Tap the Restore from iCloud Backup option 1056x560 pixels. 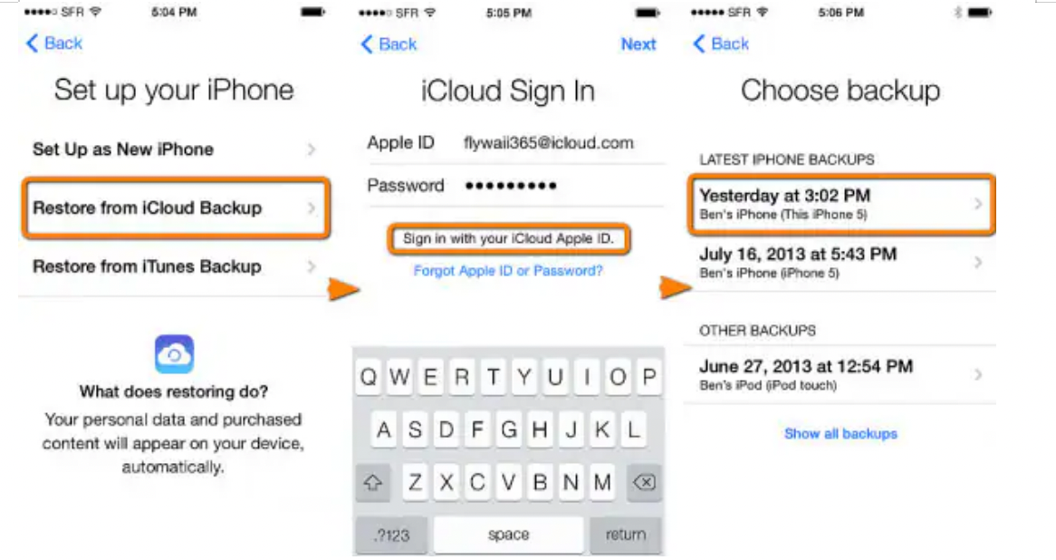tap(175, 208)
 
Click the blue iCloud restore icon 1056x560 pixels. tap(175, 353)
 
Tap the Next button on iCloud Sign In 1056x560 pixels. tap(638, 44)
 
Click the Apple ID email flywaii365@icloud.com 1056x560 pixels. tap(548, 143)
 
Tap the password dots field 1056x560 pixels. tap(511, 186)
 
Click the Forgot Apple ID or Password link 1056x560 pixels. tap(508, 271)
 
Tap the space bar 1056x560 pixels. tap(508, 535)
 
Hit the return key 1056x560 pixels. tap(626, 535)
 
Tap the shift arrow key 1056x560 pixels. tap(373, 482)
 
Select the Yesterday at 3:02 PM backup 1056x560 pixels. tap(841, 204)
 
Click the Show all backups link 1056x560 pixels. tap(840, 433)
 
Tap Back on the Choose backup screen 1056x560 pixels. tap(721, 43)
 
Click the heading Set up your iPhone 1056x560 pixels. tap(174, 91)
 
